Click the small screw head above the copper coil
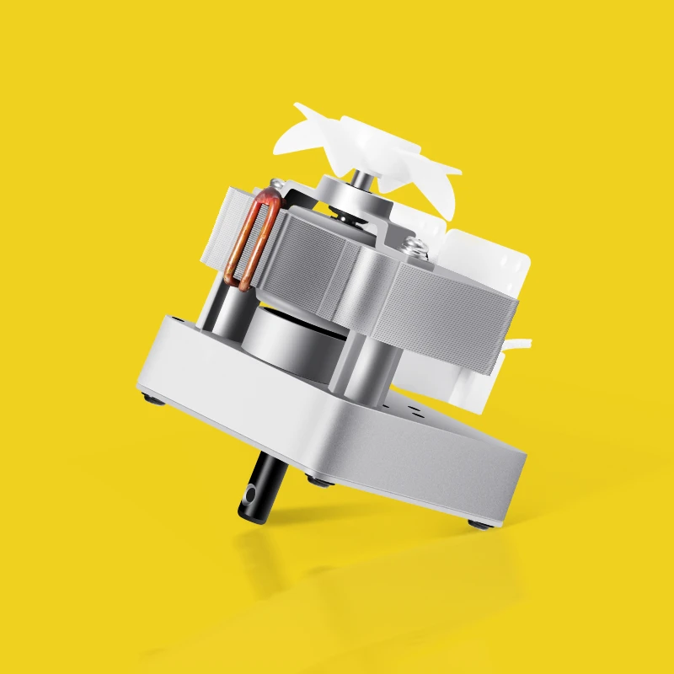coord(274,183)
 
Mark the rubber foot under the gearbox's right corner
coord(479,524)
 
